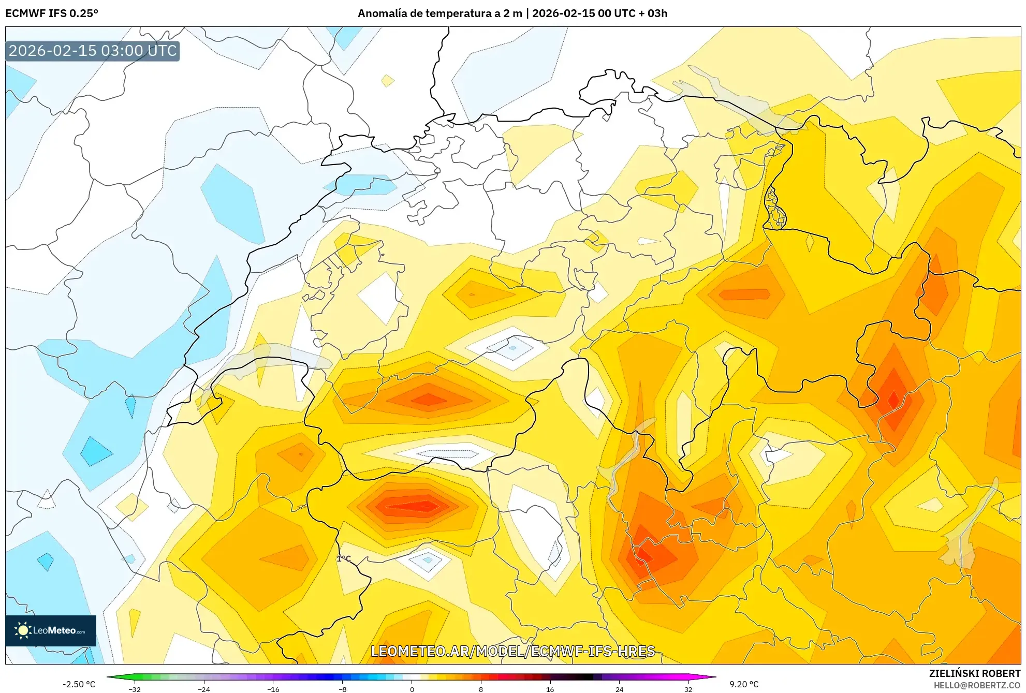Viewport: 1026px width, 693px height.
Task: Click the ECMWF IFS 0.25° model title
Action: [52, 13]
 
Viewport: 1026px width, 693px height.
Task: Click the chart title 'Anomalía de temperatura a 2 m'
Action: [439, 13]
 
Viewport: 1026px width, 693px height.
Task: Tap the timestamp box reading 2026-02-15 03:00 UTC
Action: [93, 51]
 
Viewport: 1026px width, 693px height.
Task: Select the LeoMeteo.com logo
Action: [51, 630]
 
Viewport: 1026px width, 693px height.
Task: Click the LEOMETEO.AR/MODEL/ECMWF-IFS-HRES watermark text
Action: [513, 651]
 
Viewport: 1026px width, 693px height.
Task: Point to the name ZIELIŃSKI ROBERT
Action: [975, 673]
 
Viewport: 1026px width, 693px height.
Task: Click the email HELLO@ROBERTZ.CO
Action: [977, 685]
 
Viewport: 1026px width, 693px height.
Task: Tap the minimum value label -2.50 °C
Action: [79, 684]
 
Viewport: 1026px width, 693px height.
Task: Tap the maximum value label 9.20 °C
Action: [744, 684]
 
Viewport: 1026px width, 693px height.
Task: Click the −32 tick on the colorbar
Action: [134, 689]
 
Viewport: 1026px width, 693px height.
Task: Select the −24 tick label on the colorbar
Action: [204, 689]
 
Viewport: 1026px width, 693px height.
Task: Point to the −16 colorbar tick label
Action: [273, 689]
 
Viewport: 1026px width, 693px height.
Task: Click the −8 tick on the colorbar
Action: [342, 689]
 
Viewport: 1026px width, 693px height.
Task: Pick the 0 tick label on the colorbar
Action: [412, 689]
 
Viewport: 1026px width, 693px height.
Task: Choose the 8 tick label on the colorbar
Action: [481, 689]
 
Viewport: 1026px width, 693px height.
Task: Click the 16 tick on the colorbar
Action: [550, 689]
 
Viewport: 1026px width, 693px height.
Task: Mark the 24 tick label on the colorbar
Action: [619, 689]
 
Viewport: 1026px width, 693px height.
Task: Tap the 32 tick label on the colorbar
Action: [688, 689]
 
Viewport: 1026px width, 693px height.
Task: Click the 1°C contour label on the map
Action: [344, 558]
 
